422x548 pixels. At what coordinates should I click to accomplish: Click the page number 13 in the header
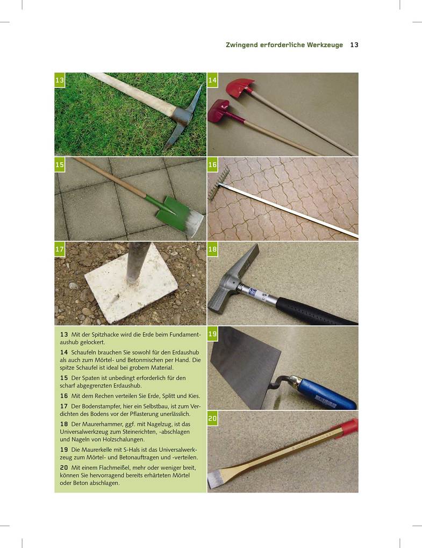click(354, 45)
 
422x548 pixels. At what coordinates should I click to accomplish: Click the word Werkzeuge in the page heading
click(325, 45)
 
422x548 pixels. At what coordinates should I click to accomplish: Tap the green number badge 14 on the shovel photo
click(212, 81)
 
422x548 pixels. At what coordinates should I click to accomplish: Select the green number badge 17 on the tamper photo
click(60, 249)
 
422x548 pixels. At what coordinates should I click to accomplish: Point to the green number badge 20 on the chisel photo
click(212, 419)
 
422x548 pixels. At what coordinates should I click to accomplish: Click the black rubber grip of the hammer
click(314, 311)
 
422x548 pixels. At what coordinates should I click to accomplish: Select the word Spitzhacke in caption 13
click(102, 335)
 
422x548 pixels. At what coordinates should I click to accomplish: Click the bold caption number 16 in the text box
click(63, 396)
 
